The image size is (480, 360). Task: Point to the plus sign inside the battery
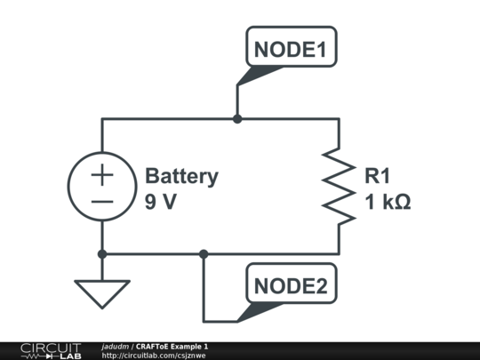[102, 174]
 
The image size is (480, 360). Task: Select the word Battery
[181, 176]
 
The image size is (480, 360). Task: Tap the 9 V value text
[161, 202]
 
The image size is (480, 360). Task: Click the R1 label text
[377, 176]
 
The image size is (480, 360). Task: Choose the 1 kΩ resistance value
[388, 202]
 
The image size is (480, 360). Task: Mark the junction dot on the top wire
[237, 118]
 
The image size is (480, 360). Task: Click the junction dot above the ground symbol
[102, 253]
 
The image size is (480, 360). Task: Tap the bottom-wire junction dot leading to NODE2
[204, 253]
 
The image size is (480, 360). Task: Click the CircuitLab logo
[51, 350]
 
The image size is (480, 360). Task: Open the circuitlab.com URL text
[154, 356]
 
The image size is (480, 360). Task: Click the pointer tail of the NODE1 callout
[249, 78]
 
